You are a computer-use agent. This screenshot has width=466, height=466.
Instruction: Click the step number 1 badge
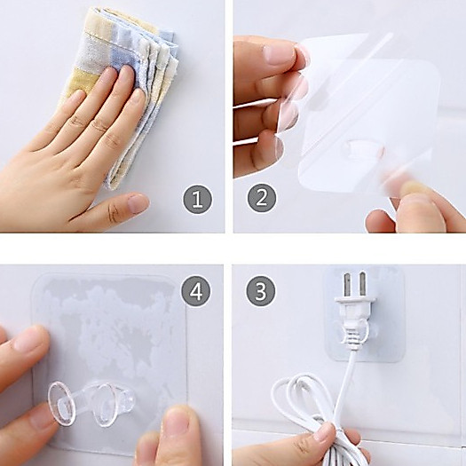coord(197,199)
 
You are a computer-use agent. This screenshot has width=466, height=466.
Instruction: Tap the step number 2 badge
coord(261,197)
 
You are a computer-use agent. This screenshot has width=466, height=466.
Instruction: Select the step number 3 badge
coord(260,291)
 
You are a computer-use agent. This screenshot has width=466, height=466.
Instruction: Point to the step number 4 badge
coord(195,291)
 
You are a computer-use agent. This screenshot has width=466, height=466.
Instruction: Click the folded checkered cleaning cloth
coord(125,89)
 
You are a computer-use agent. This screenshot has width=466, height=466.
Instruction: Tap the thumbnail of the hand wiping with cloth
coord(138,203)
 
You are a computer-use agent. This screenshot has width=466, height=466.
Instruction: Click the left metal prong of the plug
coord(347,285)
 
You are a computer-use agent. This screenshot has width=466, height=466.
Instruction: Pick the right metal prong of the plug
coord(362,283)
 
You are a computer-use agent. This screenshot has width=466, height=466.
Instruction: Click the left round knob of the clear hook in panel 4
coord(59,404)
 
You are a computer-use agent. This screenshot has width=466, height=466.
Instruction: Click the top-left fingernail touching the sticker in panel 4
coord(27,340)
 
